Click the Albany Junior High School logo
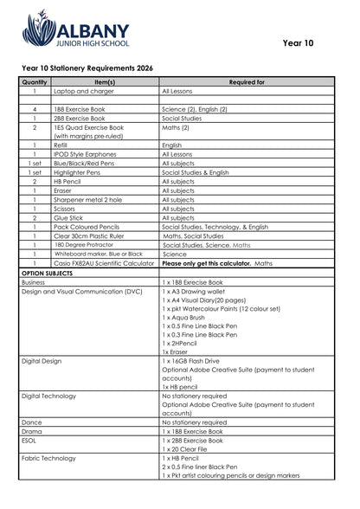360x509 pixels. point(75,29)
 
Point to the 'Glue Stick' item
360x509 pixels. point(68,218)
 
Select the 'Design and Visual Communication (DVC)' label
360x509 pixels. point(81,292)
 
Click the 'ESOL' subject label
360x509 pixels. point(30,441)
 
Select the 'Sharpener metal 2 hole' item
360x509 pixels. point(87,199)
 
